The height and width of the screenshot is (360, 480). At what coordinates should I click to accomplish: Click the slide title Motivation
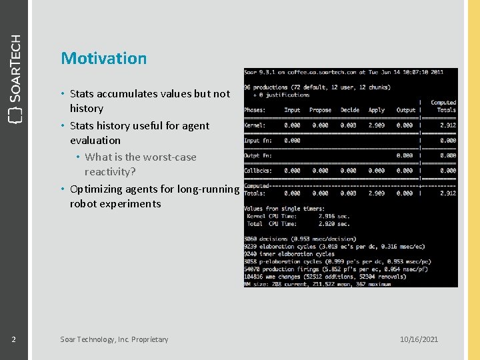click(103, 58)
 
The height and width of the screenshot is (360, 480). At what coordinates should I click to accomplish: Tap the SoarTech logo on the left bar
click(14, 77)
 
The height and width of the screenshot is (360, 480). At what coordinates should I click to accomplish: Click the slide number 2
click(13, 339)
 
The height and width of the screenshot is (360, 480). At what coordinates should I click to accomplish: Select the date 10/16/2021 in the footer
click(419, 339)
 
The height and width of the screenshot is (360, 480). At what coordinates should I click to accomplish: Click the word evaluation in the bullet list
click(95, 141)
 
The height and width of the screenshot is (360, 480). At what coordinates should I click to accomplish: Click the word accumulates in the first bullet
click(127, 94)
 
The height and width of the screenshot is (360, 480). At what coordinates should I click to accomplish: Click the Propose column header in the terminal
click(320, 110)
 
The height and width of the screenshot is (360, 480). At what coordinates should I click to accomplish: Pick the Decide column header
click(349, 110)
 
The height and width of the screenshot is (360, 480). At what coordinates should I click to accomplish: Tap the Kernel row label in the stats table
click(255, 125)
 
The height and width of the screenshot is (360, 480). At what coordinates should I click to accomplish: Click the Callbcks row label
click(258, 171)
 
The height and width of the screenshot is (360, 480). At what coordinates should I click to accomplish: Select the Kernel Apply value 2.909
click(377, 125)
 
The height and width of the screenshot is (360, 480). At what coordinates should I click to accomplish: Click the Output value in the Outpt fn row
click(405, 155)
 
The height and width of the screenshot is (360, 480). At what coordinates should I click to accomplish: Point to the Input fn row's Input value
click(292, 140)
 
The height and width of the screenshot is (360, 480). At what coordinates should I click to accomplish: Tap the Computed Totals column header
click(443, 107)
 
